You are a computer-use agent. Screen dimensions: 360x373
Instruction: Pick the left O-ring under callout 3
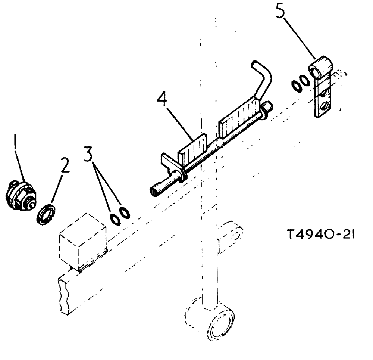[x=116, y=219]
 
